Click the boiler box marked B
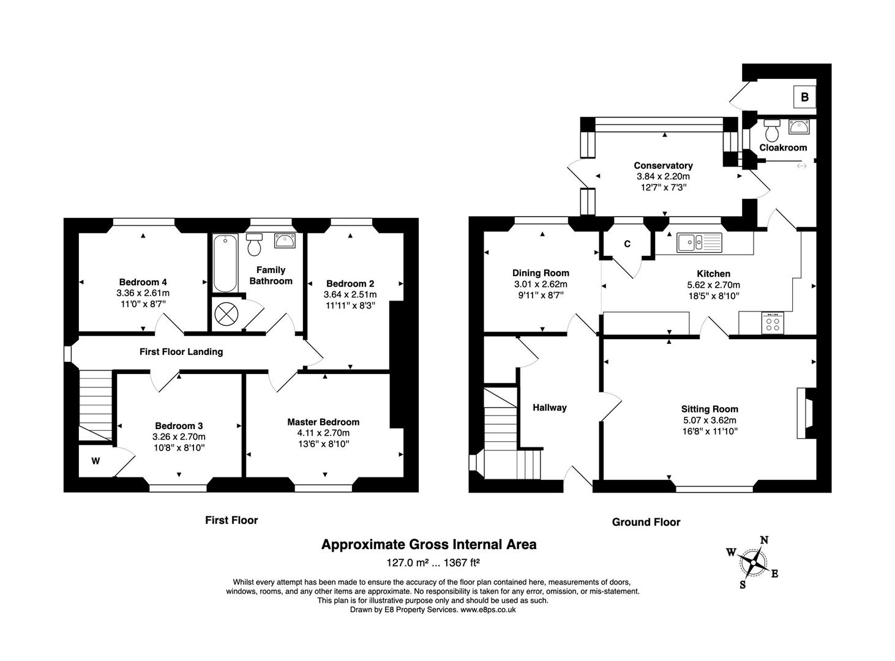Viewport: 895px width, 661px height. pyautogui.click(x=804, y=97)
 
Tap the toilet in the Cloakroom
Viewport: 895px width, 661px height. pyautogui.click(x=771, y=130)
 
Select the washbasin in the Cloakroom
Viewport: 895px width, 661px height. pyautogui.click(x=800, y=127)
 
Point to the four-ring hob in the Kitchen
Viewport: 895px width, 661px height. pyautogui.click(x=773, y=323)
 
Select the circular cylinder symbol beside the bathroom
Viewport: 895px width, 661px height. pyautogui.click(x=226, y=315)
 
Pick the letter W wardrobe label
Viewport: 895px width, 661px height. pyautogui.click(x=95, y=461)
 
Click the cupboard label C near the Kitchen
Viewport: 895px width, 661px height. pyautogui.click(x=627, y=244)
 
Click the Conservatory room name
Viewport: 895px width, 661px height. pyautogui.click(x=663, y=165)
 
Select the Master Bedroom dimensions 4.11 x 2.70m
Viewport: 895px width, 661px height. pyautogui.click(x=323, y=433)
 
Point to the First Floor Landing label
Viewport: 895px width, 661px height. pyautogui.click(x=181, y=351)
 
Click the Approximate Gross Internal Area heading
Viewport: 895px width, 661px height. pyautogui.click(x=429, y=544)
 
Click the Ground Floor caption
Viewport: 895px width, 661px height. pyautogui.click(x=646, y=522)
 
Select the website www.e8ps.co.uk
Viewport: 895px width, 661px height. pyautogui.click(x=488, y=610)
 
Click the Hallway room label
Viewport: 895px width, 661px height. pyautogui.click(x=549, y=408)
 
